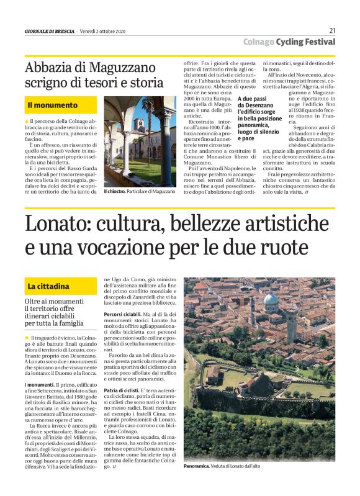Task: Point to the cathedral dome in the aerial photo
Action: [270, 303]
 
